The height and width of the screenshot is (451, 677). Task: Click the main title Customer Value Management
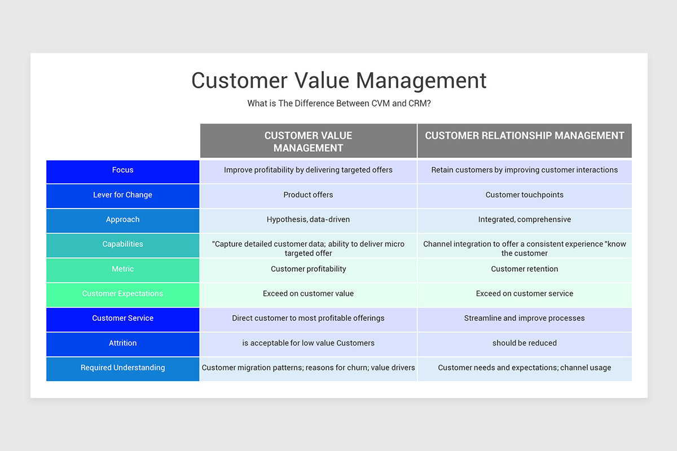tap(338, 81)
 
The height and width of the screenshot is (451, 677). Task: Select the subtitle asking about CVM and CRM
tap(338, 104)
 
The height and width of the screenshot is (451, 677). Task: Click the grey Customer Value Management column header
tap(308, 141)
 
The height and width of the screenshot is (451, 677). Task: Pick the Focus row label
tap(122, 170)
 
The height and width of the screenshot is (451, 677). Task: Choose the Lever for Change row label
tap(122, 195)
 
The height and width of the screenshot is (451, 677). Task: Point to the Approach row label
tap(122, 220)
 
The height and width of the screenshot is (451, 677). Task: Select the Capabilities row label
tap(122, 245)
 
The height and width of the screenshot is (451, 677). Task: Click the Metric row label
tap(122, 269)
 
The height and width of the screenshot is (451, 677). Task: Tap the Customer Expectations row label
tap(122, 294)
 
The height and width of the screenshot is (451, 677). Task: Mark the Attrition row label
tap(122, 343)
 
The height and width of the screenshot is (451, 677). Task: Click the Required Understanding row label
tap(122, 368)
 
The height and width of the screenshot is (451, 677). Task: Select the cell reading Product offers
tap(308, 195)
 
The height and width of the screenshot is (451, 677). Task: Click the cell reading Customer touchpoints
tap(525, 195)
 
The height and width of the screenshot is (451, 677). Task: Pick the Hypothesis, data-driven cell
tap(308, 220)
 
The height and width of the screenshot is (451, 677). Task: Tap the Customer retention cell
tap(525, 269)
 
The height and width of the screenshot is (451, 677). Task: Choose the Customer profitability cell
tap(308, 269)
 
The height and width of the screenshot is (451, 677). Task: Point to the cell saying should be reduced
tap(525, 343)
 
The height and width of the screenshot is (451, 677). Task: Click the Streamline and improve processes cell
tap(525, 319)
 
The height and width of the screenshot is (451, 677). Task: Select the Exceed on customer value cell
tap(308, 294)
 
